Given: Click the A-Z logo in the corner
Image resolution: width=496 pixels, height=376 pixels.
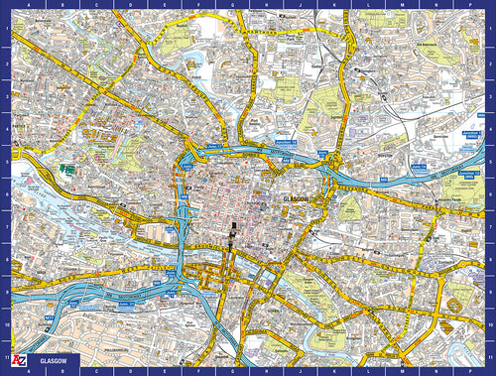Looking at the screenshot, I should (x=19, y=362).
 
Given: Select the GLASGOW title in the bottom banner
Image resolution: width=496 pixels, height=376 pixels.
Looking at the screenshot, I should (x=54, y=363).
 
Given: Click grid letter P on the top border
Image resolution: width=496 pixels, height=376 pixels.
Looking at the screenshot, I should (x=467, y=5).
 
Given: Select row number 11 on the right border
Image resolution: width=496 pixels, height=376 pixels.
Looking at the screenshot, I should (x=490, y=354).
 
